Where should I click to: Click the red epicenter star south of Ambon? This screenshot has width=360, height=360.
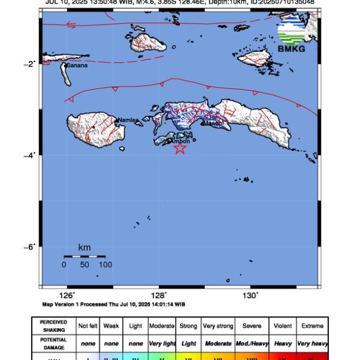(x=179, y=148)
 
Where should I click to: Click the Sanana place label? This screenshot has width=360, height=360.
(x=77, y=65)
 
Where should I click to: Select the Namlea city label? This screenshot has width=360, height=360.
(x=127, y=120)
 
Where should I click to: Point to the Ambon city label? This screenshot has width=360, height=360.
(x=181, y=141)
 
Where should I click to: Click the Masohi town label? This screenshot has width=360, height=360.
(x=213, y=123)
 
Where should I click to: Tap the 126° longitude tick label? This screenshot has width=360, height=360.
(x=67, y=295)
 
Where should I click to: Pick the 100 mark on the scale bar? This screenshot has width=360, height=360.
(x=106, y=264)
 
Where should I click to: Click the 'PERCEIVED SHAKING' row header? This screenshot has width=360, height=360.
(x=53, y=326)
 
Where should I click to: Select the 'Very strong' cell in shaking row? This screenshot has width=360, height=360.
(x=217, y=326)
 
